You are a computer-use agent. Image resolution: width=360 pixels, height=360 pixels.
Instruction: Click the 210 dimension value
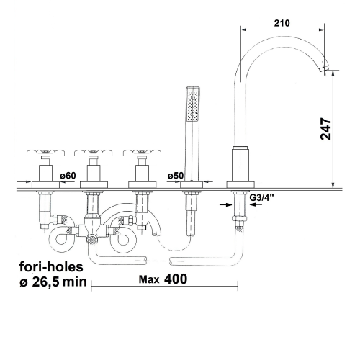pos(282,23)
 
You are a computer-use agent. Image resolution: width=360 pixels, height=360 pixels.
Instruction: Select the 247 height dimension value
pos(326,129)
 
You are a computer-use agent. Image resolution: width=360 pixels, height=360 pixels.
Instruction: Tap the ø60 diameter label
pos(68,176)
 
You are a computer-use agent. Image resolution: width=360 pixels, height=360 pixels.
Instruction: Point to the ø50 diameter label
pos(176,176)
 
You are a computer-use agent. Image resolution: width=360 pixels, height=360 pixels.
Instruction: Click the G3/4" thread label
pos(262,197)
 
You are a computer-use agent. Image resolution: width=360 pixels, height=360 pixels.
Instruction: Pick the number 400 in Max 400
pos(176,279)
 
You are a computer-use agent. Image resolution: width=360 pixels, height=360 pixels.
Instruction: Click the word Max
pos(149,279)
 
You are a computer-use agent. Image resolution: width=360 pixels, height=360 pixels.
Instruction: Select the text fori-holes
pos(51,266)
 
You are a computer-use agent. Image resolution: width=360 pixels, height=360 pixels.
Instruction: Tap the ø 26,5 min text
pos(53,282)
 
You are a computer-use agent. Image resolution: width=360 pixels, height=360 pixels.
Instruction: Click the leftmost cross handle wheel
pos(45,153)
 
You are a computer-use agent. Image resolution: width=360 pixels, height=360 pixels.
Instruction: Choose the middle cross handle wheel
pos(94,153)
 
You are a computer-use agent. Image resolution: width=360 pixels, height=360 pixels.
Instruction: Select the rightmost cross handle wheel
pos(142,153)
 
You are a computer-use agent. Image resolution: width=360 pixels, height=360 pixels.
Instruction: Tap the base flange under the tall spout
pos(240,185)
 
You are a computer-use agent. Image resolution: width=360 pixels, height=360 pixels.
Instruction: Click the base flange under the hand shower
pos(192,185)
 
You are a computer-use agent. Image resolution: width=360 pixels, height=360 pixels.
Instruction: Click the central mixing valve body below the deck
pos(92,228)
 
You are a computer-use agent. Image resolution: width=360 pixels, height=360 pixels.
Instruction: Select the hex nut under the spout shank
pos(238,218)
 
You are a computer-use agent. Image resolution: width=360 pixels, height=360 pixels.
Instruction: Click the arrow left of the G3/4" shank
pos(226,204)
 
